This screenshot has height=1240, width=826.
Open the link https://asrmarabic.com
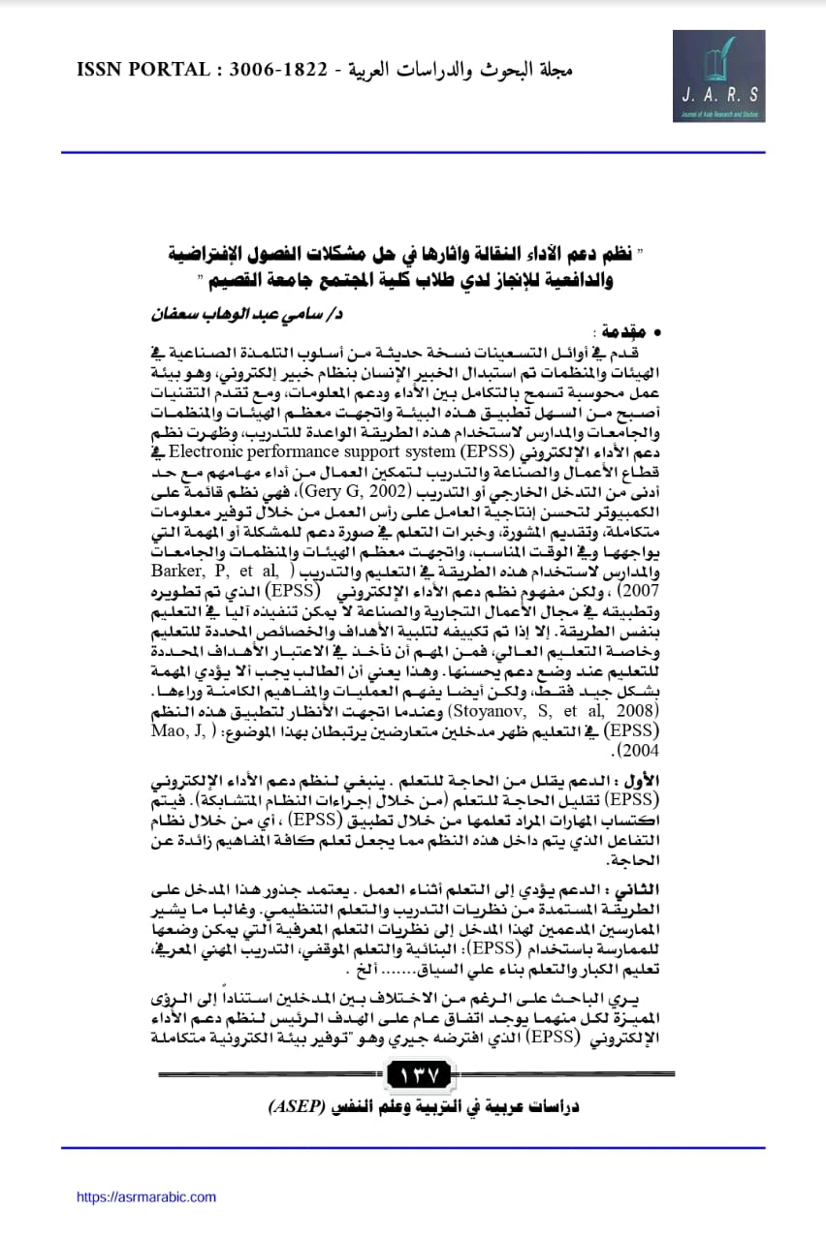pos(146,1197)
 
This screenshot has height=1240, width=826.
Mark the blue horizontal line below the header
pos(413,152)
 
